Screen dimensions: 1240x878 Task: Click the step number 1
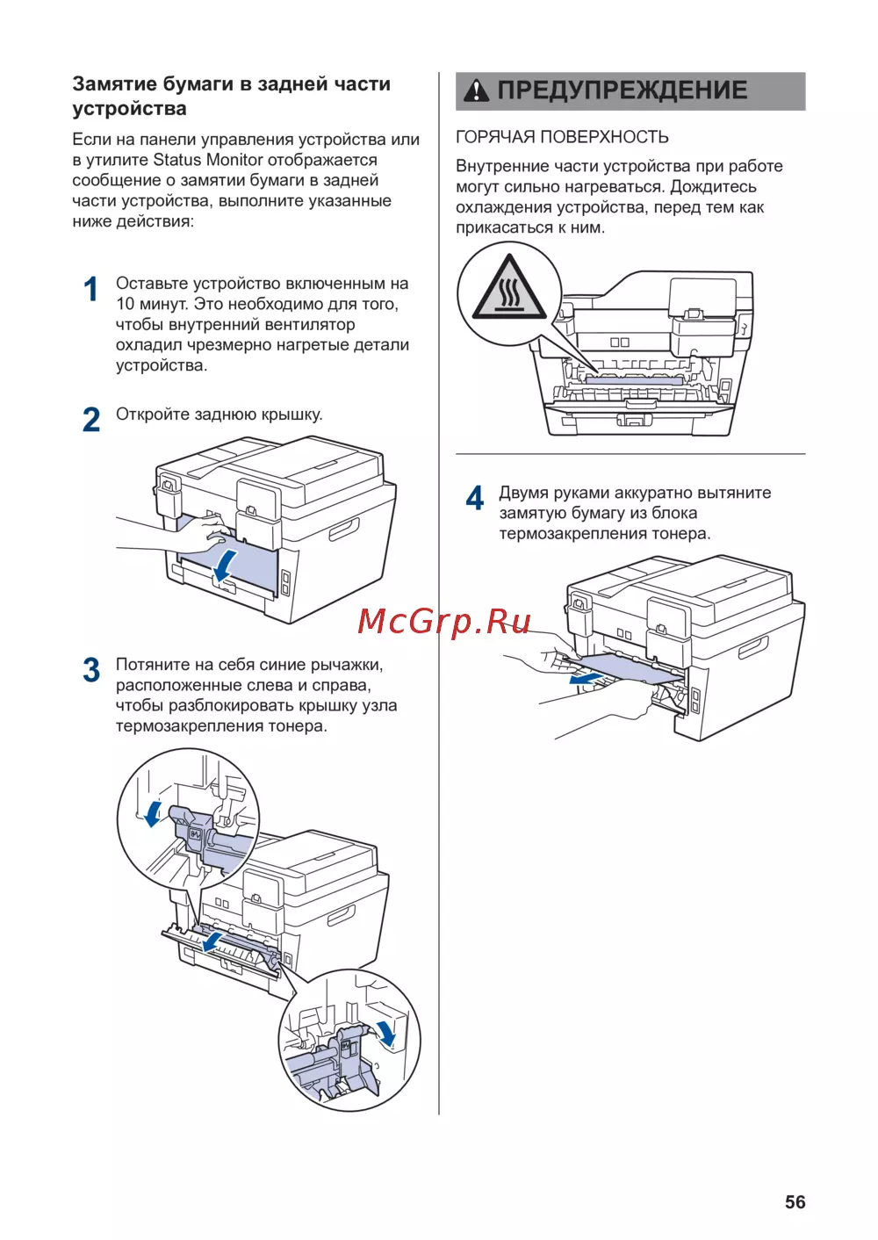(90, 289)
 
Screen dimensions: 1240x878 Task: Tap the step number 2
(91, 420)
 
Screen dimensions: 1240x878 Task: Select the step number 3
(91, 670)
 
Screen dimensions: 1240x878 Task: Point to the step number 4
(474, 498)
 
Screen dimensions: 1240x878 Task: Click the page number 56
(795, 1202)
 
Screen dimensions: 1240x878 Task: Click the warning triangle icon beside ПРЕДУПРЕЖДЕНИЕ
(476, 90)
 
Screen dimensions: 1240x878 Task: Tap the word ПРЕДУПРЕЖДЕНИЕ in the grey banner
(623, 90)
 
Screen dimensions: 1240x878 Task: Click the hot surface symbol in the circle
(509, 288)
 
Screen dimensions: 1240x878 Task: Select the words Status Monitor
(208, 160)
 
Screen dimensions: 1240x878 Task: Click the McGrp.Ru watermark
(443, 622)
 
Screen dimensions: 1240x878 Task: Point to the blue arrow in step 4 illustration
(586, 677)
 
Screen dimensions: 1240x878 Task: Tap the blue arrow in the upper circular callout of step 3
(154, 812)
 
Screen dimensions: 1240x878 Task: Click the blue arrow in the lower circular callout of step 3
(385, 1034)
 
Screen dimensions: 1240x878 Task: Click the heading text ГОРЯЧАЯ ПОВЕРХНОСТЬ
(562, 137)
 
